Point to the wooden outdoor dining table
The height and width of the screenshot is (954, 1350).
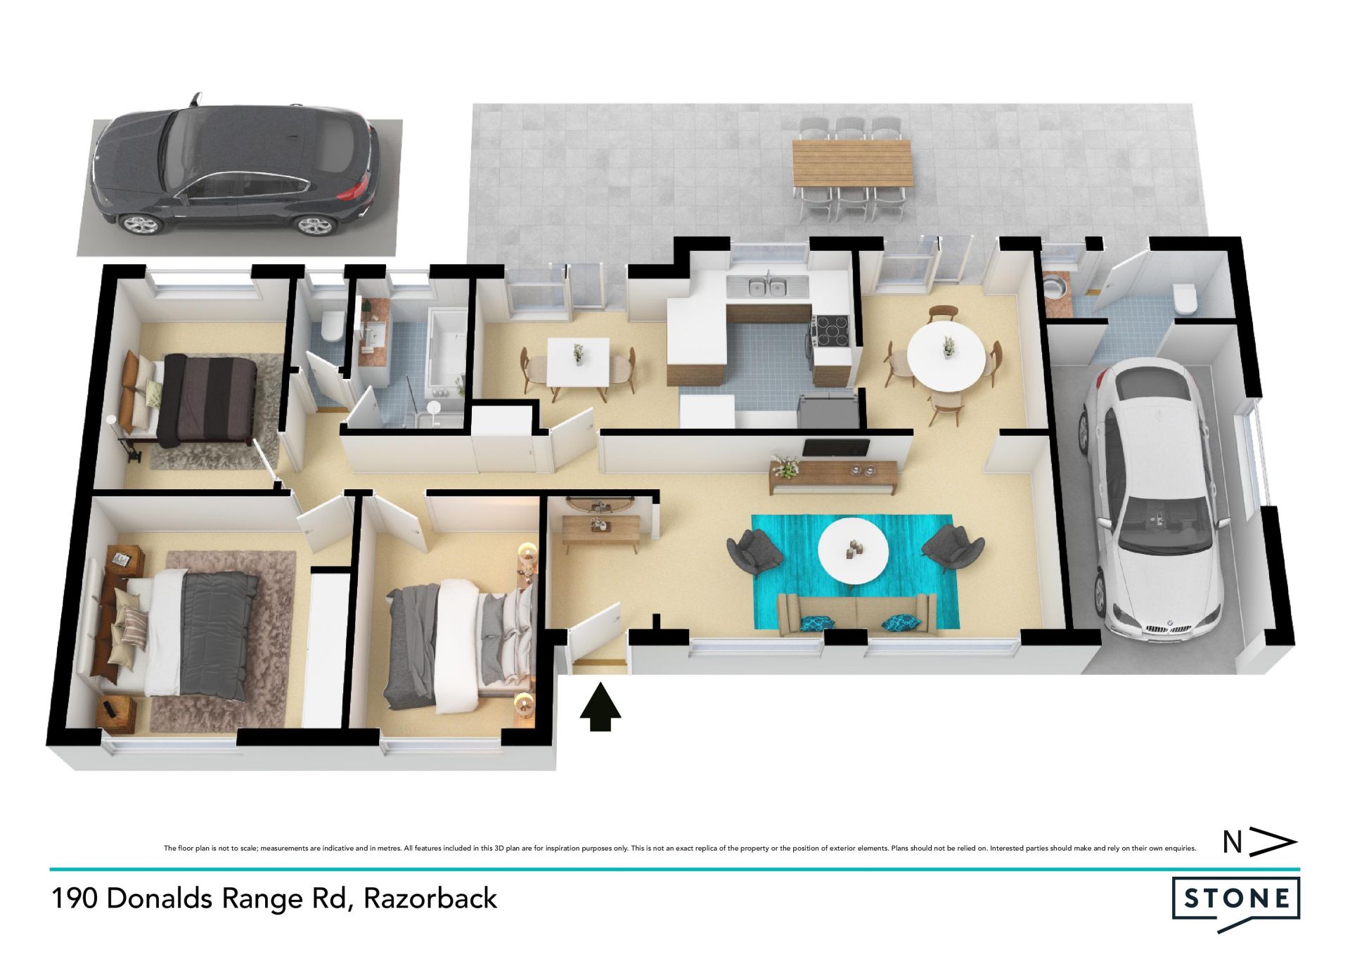point(851,163)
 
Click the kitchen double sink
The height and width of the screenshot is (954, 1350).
point(767,287)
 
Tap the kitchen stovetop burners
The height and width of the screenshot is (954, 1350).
point(832,327)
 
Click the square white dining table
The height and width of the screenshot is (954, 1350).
point(578,361)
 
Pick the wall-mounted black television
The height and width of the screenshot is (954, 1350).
point(836,447)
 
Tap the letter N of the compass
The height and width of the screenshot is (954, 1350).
point(1232,842)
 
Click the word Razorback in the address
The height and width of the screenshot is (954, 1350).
point(430,898)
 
